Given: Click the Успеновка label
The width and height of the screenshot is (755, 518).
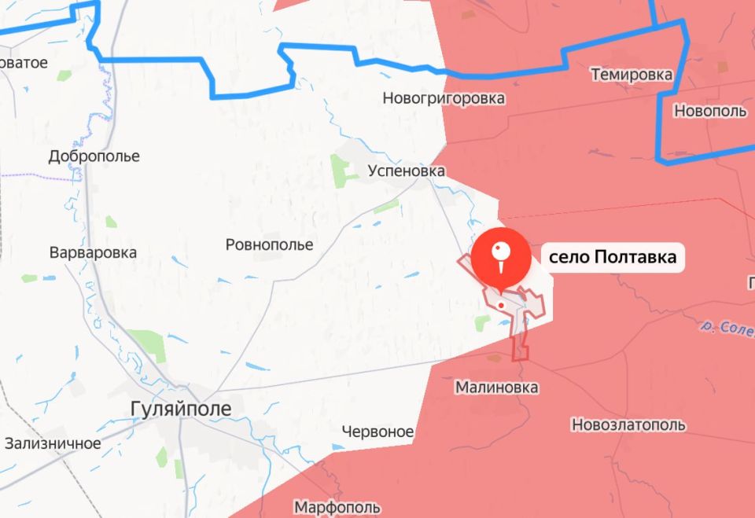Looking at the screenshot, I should (407, 171).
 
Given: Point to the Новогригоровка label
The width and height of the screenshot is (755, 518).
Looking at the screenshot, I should (444, 99).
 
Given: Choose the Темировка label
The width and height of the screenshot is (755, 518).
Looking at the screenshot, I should (632, 75).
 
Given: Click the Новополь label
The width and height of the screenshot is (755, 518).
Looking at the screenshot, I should (710, 112).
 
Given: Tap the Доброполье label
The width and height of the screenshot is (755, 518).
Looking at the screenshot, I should (94, 156).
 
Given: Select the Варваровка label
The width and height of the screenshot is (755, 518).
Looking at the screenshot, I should (93, 253).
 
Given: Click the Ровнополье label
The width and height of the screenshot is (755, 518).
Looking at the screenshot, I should (269, 245).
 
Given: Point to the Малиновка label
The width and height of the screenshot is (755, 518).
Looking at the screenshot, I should (497, 388).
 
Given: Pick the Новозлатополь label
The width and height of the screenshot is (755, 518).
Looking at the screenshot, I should (628, 425).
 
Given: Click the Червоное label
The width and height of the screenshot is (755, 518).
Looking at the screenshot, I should (378, 432).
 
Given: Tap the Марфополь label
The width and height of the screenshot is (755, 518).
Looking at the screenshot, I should (337, 508).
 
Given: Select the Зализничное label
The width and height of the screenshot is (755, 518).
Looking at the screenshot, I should (52, 443).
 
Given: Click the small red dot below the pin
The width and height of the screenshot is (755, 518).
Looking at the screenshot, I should (501, 305).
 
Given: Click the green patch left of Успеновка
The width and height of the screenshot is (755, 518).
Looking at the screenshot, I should (340, 171).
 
